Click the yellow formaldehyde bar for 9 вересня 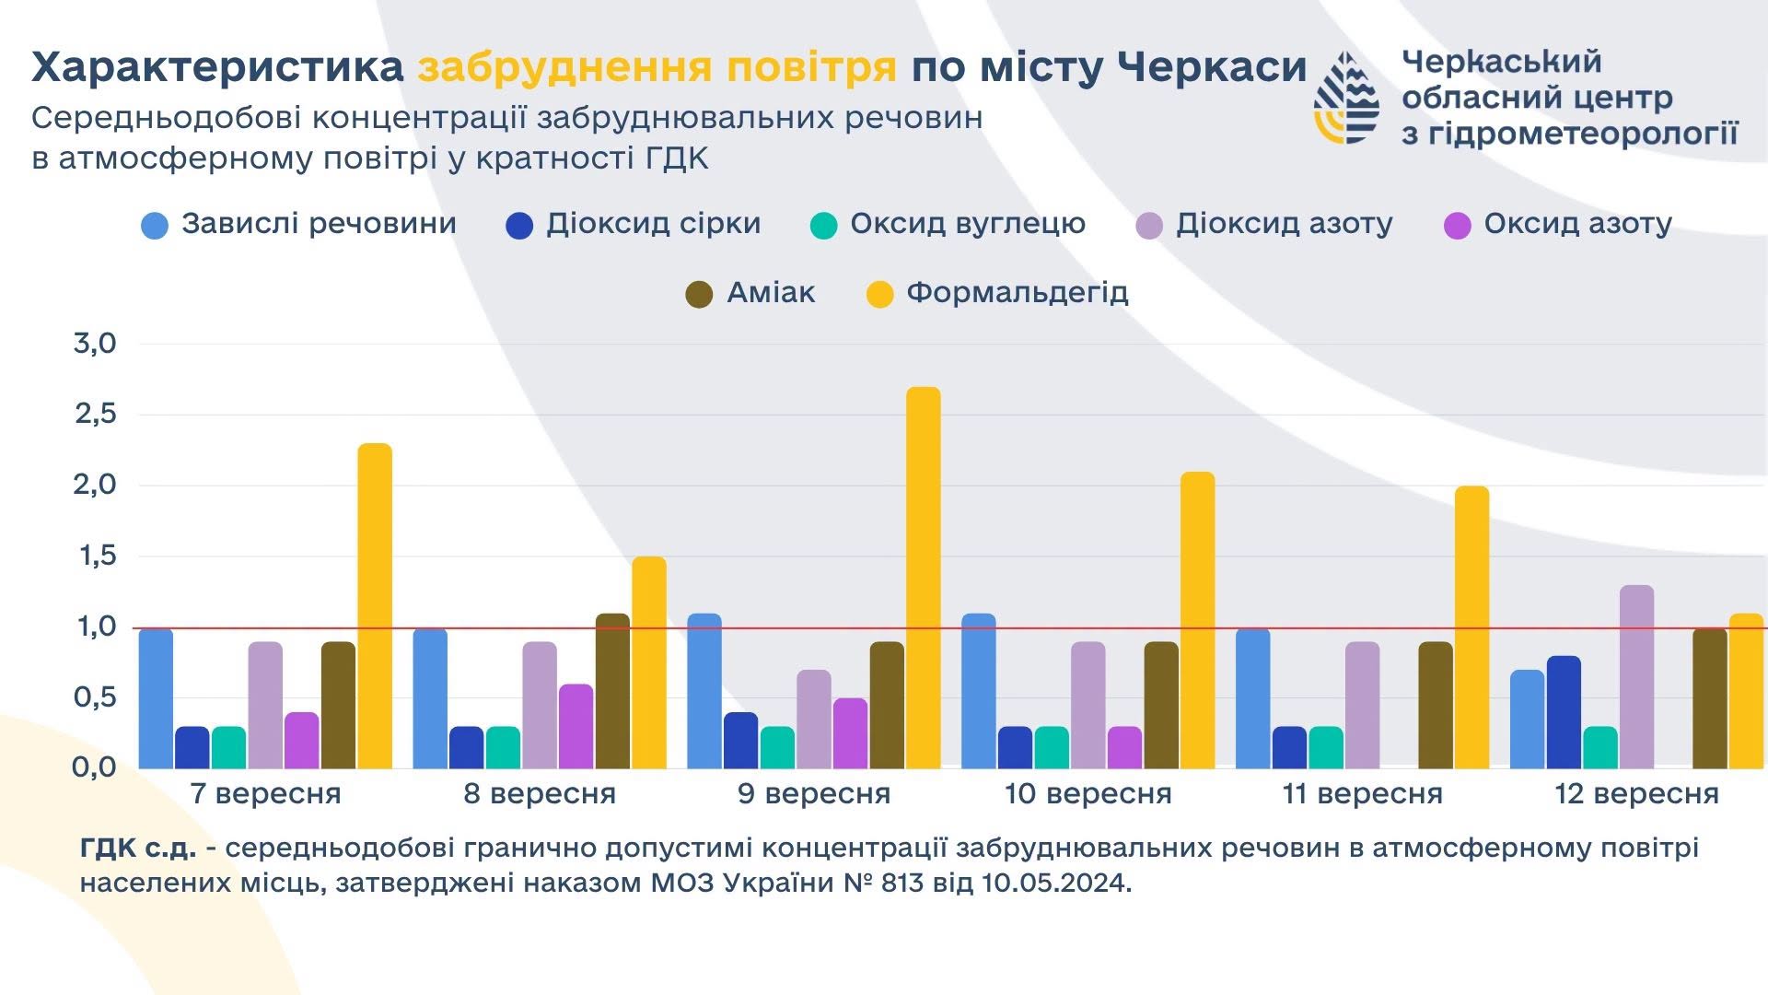924,578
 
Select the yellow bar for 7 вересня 375,606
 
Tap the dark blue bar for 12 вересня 1564,712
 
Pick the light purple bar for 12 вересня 1637,677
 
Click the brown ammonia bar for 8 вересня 612,691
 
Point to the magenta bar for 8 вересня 576,726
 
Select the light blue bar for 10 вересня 979,691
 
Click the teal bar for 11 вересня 1326,747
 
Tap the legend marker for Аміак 700,295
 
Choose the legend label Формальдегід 1018,293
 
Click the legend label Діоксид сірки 654,224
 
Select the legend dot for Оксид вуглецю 823,226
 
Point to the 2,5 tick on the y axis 96,415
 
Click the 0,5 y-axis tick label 96,697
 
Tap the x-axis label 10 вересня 1088,794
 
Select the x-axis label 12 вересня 1636,794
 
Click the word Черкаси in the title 1212,67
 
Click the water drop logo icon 1346,97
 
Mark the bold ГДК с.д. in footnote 138,848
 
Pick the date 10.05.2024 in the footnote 1056,884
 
